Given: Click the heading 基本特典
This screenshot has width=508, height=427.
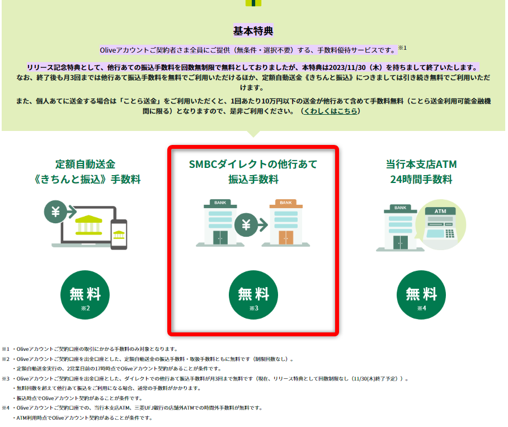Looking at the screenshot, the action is pos(253,31).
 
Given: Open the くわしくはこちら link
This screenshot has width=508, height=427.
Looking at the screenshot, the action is pos(331,111).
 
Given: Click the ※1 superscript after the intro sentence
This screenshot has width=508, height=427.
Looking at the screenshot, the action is pos(402,48).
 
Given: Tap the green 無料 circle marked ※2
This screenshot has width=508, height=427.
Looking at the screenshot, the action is pos(85,295).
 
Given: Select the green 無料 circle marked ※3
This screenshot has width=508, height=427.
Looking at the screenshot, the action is pos(253,295).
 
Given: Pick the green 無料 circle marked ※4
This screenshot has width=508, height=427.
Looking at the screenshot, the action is pos(421,295).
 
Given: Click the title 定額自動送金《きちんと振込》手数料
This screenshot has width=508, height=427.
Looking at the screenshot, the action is pos(87,172).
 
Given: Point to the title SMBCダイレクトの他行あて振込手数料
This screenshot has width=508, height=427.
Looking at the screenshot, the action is pos(253,172).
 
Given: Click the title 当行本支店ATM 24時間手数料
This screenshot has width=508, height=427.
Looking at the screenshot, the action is pos(421,172).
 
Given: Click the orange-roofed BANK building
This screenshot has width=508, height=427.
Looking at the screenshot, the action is pos(286,223).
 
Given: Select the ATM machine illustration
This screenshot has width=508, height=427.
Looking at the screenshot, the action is pos(441,224).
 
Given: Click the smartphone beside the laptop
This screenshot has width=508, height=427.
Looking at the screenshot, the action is pos(119,234).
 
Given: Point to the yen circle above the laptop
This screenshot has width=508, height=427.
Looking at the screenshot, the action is pos(56,212).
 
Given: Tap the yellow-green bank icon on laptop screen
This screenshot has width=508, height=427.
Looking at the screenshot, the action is pos(88,225).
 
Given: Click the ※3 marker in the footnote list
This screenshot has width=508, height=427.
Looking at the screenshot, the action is pos(6,379).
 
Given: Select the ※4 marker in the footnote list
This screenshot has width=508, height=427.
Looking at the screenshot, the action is pos(6,408).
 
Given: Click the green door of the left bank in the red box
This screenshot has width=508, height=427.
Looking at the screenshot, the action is pos(220,237).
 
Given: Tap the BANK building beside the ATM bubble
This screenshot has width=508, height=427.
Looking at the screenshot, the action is pos(401,228).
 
